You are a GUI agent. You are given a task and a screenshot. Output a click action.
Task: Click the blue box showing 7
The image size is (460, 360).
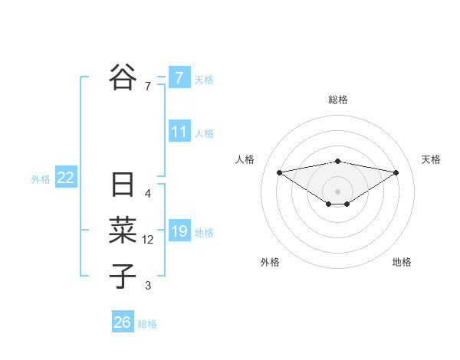[179, 77]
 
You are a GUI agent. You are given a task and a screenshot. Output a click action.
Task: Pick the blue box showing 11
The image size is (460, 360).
[179, 132]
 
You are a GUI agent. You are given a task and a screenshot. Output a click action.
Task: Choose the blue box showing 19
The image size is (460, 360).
[179, 231]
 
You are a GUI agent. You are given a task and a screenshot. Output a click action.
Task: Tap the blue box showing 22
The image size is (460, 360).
[65, 178]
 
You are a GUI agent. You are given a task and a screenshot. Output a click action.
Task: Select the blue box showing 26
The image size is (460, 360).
[122, 322]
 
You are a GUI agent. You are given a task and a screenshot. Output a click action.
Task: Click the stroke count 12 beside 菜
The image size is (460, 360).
[148, 240]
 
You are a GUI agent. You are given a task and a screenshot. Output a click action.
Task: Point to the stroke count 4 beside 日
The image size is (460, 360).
[148, 195]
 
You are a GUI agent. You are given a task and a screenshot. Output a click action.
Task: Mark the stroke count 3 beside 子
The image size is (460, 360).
[148, 286]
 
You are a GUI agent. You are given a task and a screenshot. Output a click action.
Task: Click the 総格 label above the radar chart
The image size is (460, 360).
[337, 100]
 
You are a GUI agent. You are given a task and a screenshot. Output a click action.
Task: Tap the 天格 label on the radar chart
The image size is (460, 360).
[431, 159]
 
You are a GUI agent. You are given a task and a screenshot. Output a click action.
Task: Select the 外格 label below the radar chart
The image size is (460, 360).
[270, 262]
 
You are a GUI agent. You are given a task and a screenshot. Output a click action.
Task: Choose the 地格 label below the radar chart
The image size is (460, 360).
[402, 262]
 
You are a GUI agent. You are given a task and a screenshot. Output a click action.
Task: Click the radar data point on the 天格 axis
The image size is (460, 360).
[396, 172]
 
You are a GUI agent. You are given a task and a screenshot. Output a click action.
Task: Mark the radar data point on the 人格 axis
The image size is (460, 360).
[279, 172]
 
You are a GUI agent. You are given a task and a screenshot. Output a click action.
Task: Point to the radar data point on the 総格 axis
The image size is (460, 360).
[337, 161]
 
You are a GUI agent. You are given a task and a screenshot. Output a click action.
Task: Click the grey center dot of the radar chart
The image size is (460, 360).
[337, 191]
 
